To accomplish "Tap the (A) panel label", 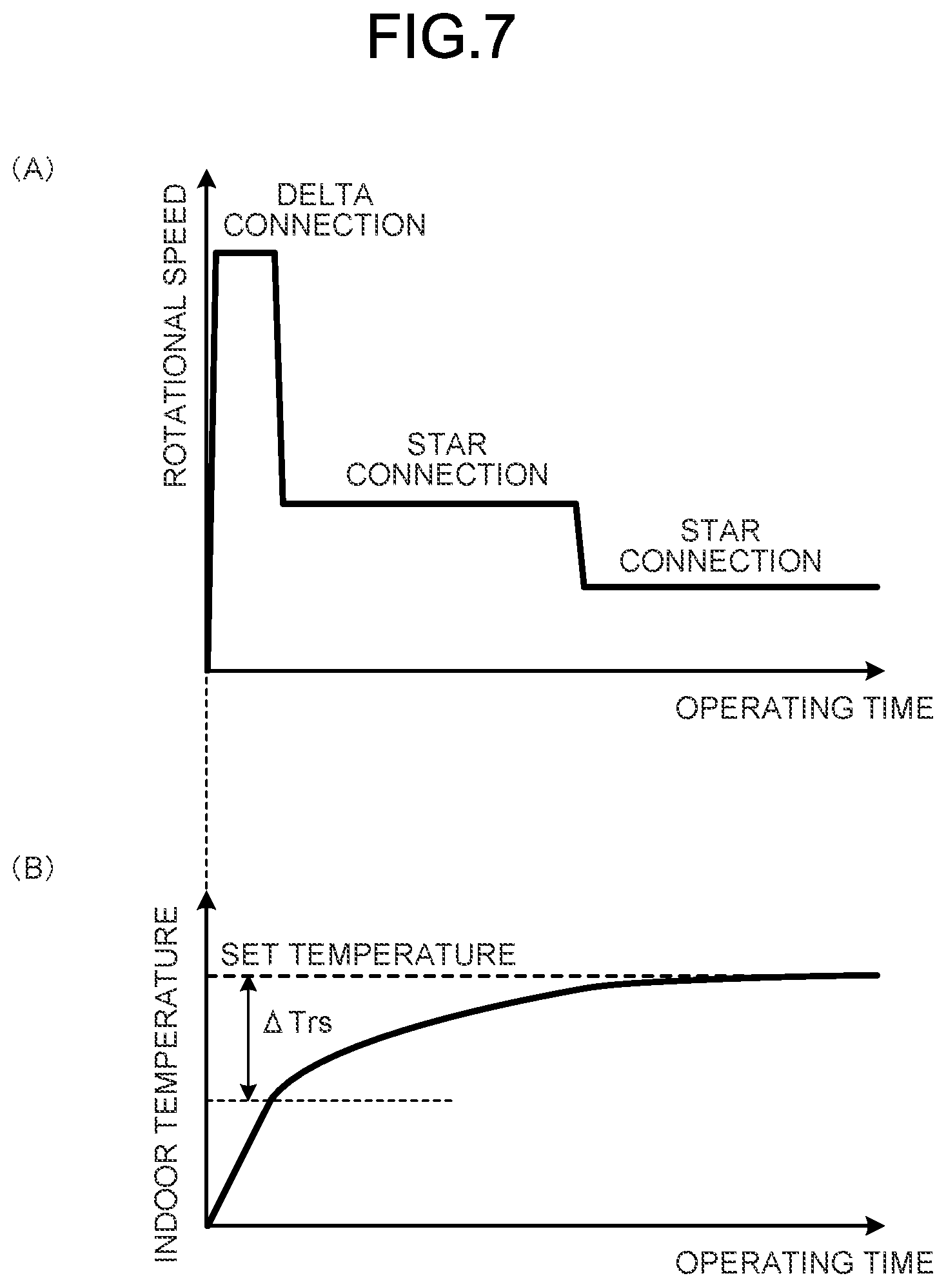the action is click(32, 170).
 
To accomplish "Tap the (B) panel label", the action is click(32, 870).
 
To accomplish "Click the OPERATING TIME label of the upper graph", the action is click(804, 708).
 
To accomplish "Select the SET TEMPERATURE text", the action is click(368, 954).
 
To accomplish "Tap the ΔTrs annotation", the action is click(298, 1024).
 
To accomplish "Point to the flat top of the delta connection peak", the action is click(247, 252).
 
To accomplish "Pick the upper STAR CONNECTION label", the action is click(447, 460).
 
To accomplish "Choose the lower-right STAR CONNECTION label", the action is click(720, 546).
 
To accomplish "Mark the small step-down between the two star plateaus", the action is click(579, 545).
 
